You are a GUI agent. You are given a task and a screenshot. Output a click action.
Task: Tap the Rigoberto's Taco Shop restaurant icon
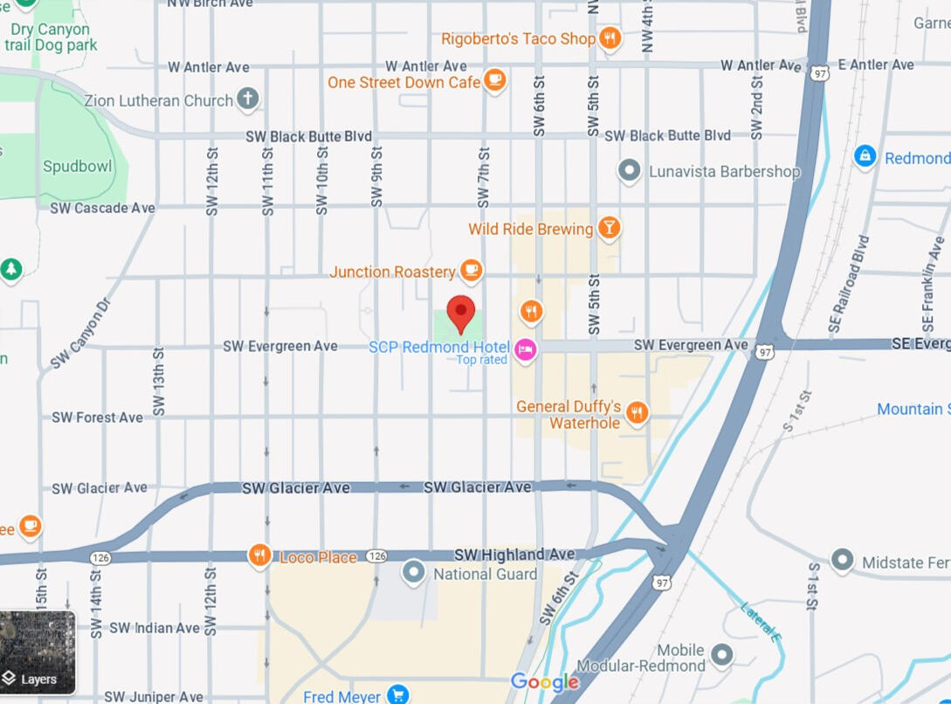click(x=610, y=38)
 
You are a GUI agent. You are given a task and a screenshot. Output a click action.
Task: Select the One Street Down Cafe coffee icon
click(x=495, y=81)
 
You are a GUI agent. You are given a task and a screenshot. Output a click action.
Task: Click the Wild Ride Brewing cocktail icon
click(x=609, y=229)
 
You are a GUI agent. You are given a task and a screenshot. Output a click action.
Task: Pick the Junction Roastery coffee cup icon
click(x=472, y=271)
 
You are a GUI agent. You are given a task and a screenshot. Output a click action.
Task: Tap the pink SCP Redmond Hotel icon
click(x=526, y=350)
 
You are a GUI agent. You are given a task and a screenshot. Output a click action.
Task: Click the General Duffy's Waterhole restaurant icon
click(x=637, y=413)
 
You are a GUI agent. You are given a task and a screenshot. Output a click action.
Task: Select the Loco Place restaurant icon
click(x=259, y=556)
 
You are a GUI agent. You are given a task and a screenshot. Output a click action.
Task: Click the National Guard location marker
click(x=413, y=573)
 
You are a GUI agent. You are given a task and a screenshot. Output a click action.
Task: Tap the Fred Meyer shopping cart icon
click(x=398, y=695)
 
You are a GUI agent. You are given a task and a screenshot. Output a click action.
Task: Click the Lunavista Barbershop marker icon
click(x=629, y=170)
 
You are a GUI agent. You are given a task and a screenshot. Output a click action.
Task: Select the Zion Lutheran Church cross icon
click(x=248, y=100)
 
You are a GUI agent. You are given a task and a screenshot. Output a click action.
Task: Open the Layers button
click(x=38, y=652)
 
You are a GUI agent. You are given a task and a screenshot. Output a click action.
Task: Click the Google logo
click(x=545, y=682)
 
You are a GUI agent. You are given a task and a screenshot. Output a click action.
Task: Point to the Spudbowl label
click(x=78, y=166)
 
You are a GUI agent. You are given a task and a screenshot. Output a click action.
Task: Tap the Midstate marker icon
click(x=842, y=560)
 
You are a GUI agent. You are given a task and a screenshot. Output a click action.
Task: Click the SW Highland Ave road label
click(x=514, y=555)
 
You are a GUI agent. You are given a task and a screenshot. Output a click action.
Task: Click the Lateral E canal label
click(x=759, y=621)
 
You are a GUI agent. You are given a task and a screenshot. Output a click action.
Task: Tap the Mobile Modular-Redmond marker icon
click(x=722, y=654)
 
